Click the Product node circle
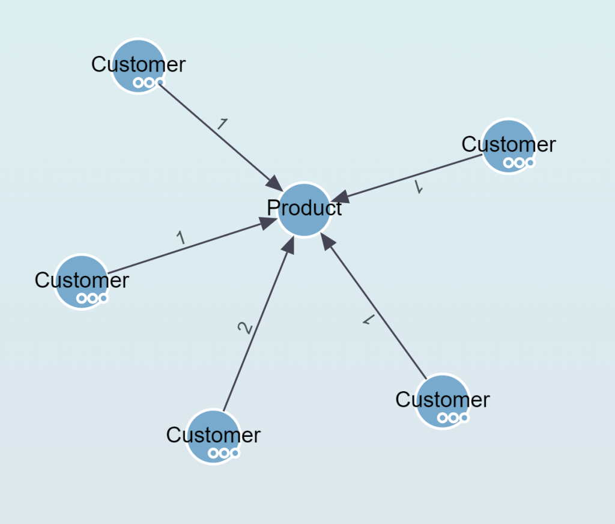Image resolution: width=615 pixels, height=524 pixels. pos(304,210)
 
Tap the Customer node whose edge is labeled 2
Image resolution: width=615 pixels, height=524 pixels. pos(213,437)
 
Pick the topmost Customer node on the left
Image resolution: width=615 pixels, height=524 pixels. pos(139,65)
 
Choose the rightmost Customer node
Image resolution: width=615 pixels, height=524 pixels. pos(509,146)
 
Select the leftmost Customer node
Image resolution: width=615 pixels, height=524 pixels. pos(82,281)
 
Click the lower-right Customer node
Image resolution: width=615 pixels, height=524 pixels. pos(442,401)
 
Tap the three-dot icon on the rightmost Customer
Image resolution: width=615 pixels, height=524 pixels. pos(519,162)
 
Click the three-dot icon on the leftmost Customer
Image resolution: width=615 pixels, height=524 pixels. pos(92,297)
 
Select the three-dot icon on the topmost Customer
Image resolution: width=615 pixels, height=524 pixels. pos(149,82)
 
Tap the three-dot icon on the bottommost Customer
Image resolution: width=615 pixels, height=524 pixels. pos(224,453)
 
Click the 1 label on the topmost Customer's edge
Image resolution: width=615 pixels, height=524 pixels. pos(222,124)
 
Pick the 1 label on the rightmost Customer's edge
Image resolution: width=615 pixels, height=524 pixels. pos(419,188)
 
